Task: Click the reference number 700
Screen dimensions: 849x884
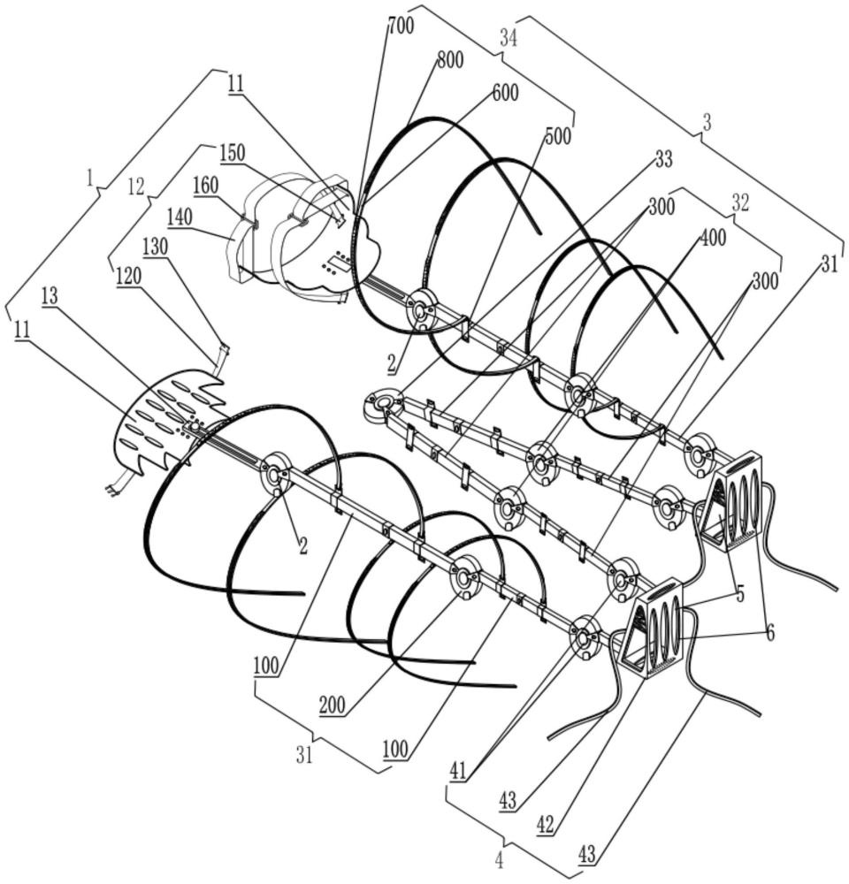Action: (x=402, y=26)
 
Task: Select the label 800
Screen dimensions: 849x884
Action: (x=450, y=60)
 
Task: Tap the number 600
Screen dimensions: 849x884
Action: (x=505, y=93)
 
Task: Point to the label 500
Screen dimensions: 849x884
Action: (x=557, y=136)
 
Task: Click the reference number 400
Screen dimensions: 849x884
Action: (x=713, y=238)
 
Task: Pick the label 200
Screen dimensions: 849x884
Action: (x=333, y=705)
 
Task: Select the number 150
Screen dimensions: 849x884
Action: (x=233, y=153)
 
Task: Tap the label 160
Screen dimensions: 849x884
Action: (x=206, y=185)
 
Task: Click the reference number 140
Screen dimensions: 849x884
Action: (x=180, y=217)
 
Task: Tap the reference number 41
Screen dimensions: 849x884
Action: (x=458, y=771)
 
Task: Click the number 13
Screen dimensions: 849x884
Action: (x=50, y=298)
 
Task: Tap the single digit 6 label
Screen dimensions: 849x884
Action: (x=769, y=633)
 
